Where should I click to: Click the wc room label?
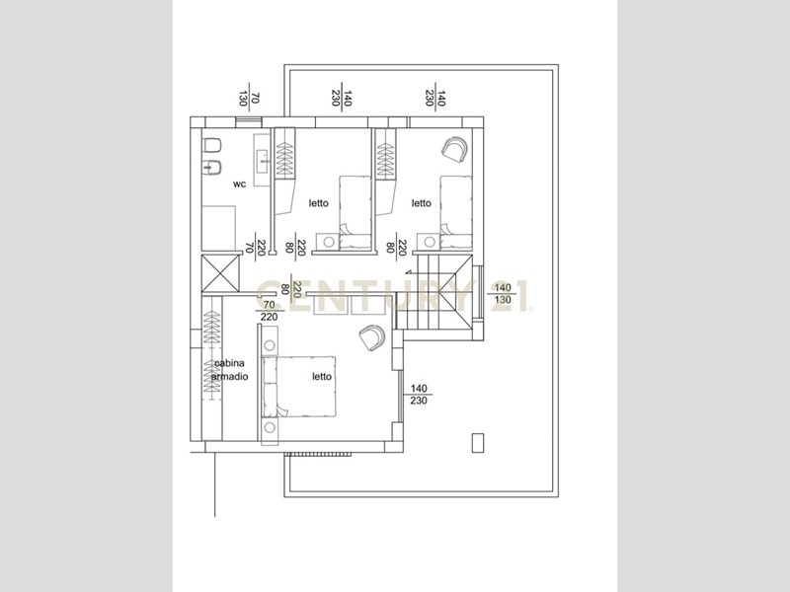pyautogui.click(x=239, y=185)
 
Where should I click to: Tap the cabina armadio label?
pyautogui.click(x=230, y=370)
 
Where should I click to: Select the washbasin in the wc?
pyautogui.click(x=262, y=160)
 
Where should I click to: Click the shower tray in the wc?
pyautogui.click(x=218, y=228)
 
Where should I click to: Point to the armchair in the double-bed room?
pyautogui.click(x=372, y=337)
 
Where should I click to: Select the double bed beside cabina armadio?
pyautogui.click(x=299, y=387)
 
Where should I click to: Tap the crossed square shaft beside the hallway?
pyautogui.click(x=220, y=273)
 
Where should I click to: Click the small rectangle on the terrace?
pyautogui.click(x=478, y=442)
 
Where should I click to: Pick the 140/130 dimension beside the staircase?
pyautogui.click(x=503, y=293)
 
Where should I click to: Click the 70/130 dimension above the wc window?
pyautogui.click(x=249, y=98)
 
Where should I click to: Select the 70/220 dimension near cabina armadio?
pyautogui.click(x=269, y=311)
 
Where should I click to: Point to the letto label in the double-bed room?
pyautogui.click(x=322, y=377)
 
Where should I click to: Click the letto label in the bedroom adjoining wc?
pyautogui.click(x=318, y=203)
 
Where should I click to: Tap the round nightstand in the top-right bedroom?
pyautogui.click(x=430, y=242)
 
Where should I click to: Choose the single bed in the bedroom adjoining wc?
pyautogui.click(x=355, y=212)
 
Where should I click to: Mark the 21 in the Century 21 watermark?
pyautogui.click(x=510, y=295)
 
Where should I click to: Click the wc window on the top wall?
pyautogui.click(x=249, y=121)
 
